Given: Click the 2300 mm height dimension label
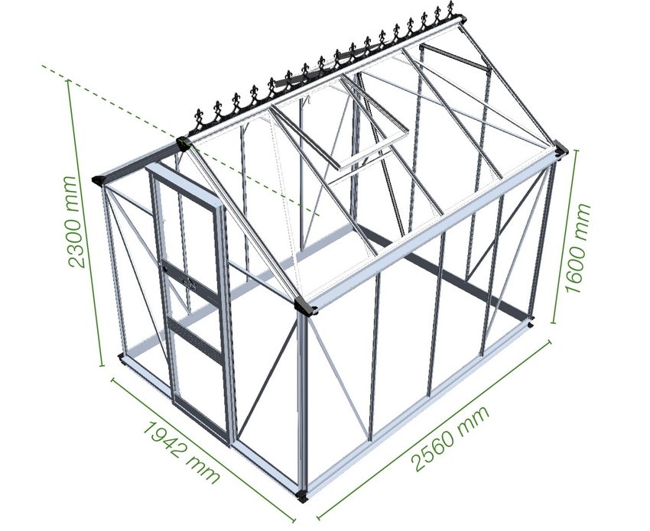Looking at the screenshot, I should (x=76, y=222).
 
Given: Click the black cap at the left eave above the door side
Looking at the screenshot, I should (x=97, y=180).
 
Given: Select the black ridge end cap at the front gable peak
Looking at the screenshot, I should (x=184, y=142).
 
